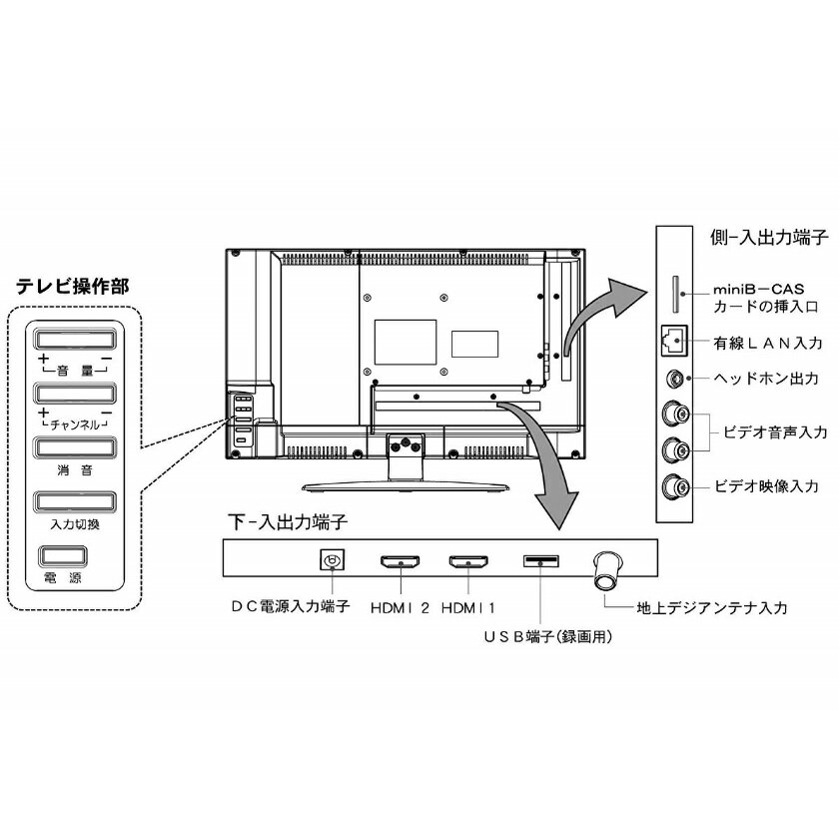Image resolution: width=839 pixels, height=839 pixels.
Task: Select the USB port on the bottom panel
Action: click(x=539, y=560)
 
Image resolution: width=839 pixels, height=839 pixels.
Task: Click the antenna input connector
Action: click(x=608, y=571)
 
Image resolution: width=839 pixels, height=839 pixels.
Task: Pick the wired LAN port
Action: click(x=674, y=341)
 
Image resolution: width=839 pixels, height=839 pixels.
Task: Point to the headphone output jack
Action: click(x=676, y=379)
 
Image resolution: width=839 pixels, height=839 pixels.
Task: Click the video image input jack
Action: click(x=676, y=487)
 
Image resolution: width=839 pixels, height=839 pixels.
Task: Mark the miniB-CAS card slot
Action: click(x=680, y=289)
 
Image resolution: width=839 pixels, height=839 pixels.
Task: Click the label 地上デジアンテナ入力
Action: click(x=712, y=606)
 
